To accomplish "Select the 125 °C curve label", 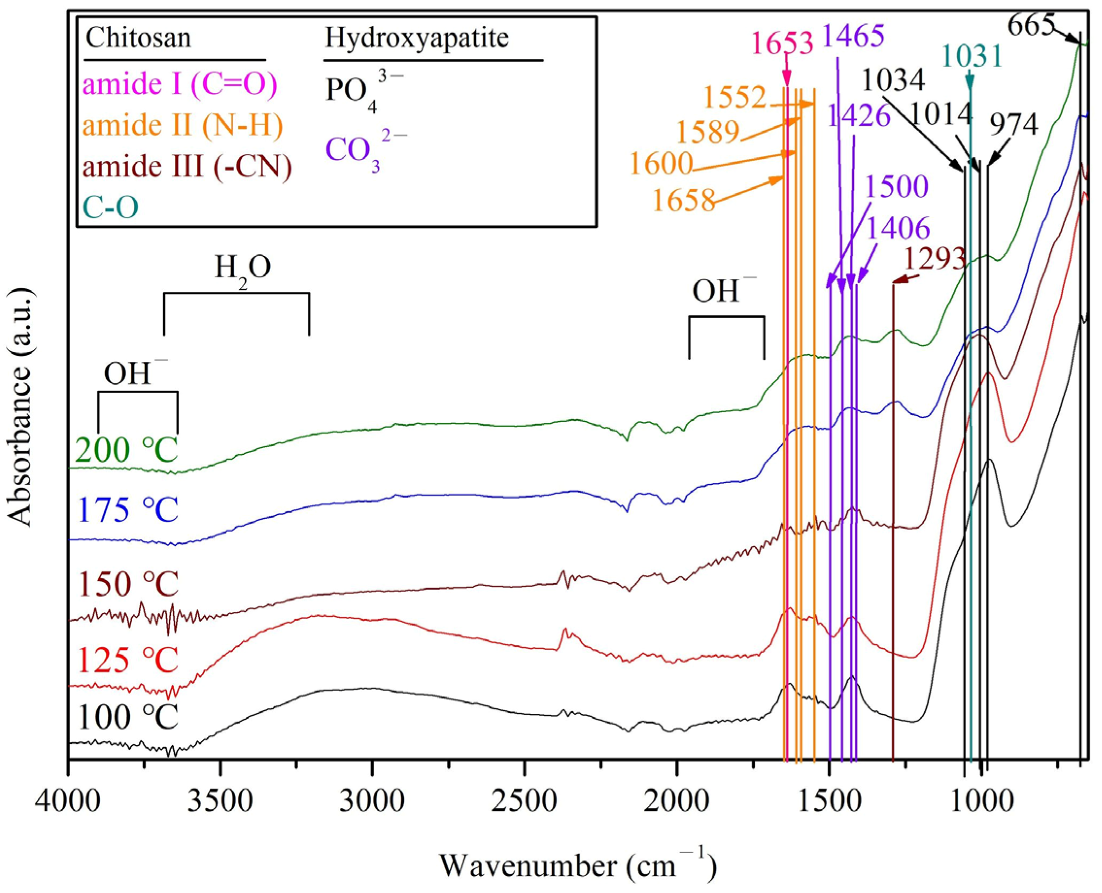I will point(128,660).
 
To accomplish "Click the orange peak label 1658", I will point(684,201).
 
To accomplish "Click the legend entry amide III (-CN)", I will point(187,166).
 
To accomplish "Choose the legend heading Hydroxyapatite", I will point(417,37).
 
